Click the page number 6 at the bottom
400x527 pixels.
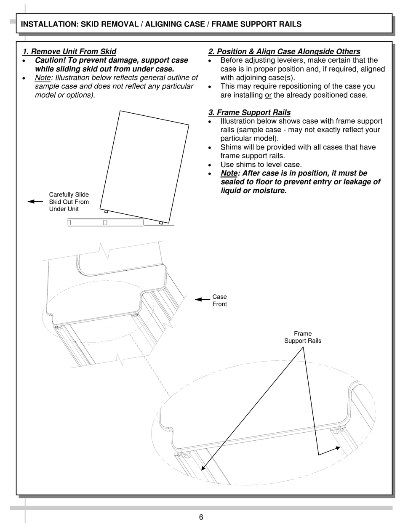(201, 517)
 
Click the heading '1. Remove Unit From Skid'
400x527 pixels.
(69, 52)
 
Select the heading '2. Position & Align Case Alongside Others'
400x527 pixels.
(284, 52)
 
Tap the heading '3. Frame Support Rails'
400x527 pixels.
(249, 112)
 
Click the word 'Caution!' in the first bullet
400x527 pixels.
(50, 61)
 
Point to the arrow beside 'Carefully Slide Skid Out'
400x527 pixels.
(35, 202)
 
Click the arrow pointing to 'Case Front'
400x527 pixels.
(203, 300)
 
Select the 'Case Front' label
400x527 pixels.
(219, 301)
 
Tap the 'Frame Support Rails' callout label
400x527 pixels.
(302, 337)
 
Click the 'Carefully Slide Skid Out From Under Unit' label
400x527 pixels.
(69, 202)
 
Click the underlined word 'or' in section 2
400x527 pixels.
(268, 95)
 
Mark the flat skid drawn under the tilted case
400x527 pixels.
(105, 222)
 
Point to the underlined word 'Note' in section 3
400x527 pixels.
(229, 173)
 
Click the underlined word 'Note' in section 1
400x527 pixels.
(43, 78)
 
